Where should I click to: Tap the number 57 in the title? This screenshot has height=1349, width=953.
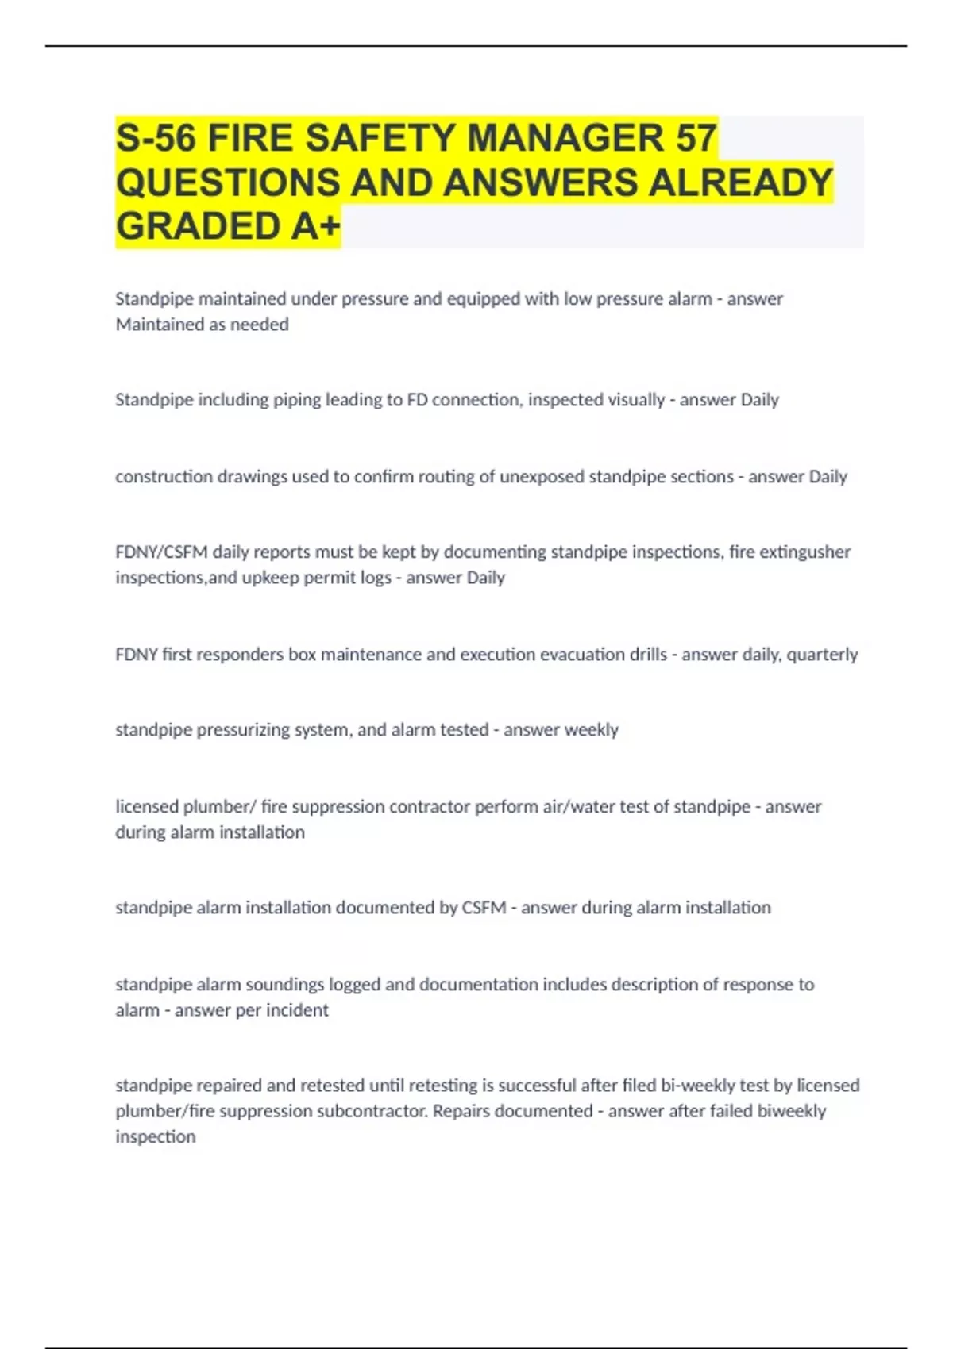tap(696, 138)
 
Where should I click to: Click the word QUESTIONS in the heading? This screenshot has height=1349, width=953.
tap(227, 183)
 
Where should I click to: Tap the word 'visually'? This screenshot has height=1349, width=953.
tap(635, 400)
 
